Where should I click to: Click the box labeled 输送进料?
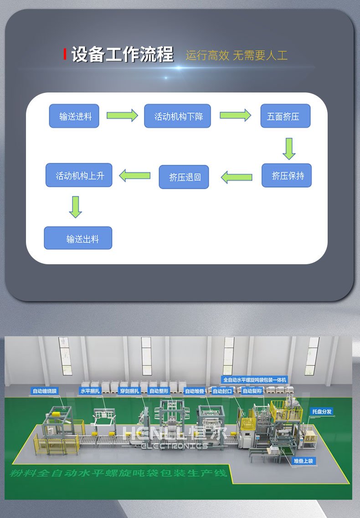(x=74, y=117)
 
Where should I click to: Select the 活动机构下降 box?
(x=178, y=117)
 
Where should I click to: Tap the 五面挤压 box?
(x=285, y=117)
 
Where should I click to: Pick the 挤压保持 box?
(x=287, y=176)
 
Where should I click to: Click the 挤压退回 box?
(x=184, y=177)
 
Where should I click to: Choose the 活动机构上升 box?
(x=78, y=175)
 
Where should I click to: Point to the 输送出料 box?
(x=78, y=238)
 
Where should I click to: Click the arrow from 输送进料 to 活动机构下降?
(x=122, y=115)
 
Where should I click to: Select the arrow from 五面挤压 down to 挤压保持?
(x=288, y=149)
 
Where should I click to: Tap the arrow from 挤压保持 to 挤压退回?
(x=237, y=177)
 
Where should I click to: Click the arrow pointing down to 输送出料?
(x=76, y=207)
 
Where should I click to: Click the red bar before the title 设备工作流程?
(x=65, y=55)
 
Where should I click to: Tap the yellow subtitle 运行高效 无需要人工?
(x=237, y=56)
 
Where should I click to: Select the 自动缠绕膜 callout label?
(x=45, y=390)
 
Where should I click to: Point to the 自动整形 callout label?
(x=159, y=390)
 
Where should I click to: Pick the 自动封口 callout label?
(x=222, y=391)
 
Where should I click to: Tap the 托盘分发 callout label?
(x=322, y=411)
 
